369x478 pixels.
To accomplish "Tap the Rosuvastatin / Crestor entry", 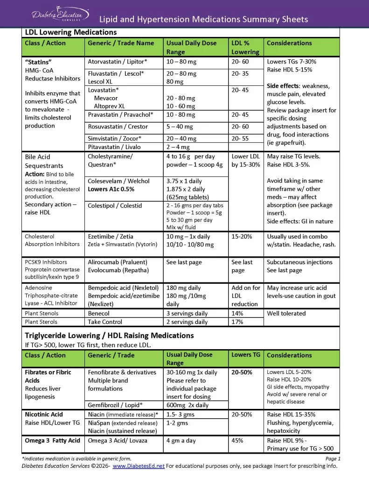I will point(118,127).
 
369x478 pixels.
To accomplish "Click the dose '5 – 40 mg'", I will point(181,127).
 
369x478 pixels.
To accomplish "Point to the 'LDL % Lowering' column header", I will point(245,47).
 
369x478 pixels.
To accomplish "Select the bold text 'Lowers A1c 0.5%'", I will point(111,189).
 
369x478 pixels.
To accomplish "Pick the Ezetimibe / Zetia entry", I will point(110,237).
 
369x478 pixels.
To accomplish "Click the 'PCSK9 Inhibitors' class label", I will point(46,262).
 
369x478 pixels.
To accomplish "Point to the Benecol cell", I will point(98,314).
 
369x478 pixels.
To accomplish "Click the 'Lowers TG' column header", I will point(246,355).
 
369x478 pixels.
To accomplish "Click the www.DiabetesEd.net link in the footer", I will point(139,466).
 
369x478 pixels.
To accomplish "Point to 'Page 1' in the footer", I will point(333,459).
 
